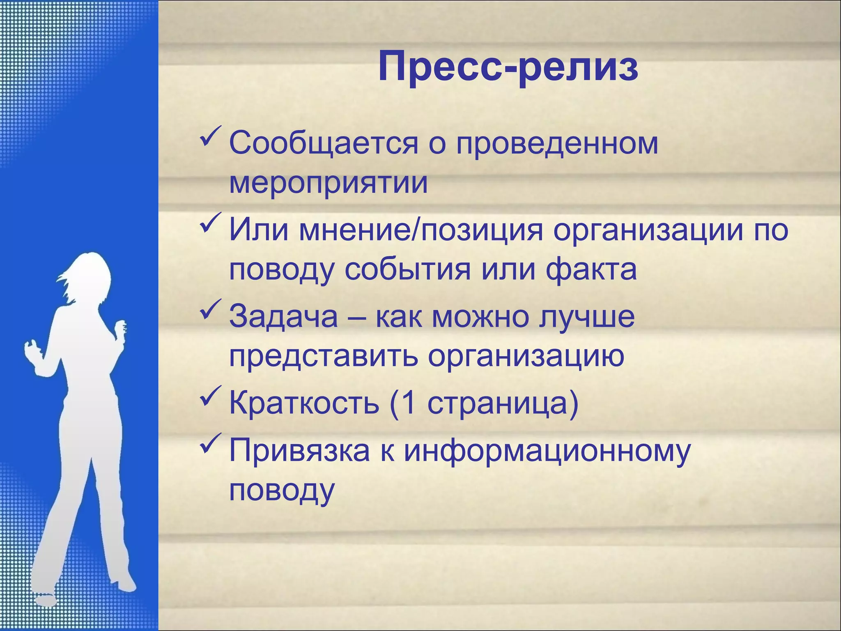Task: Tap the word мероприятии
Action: pyautogui.click(x=328, y=182)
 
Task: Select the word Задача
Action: pyautogui.click(x=283, y=316)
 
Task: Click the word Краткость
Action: pyautogui.click(x=304, y=403)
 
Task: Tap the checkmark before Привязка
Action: pyautogui.click(x=211, y=444)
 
